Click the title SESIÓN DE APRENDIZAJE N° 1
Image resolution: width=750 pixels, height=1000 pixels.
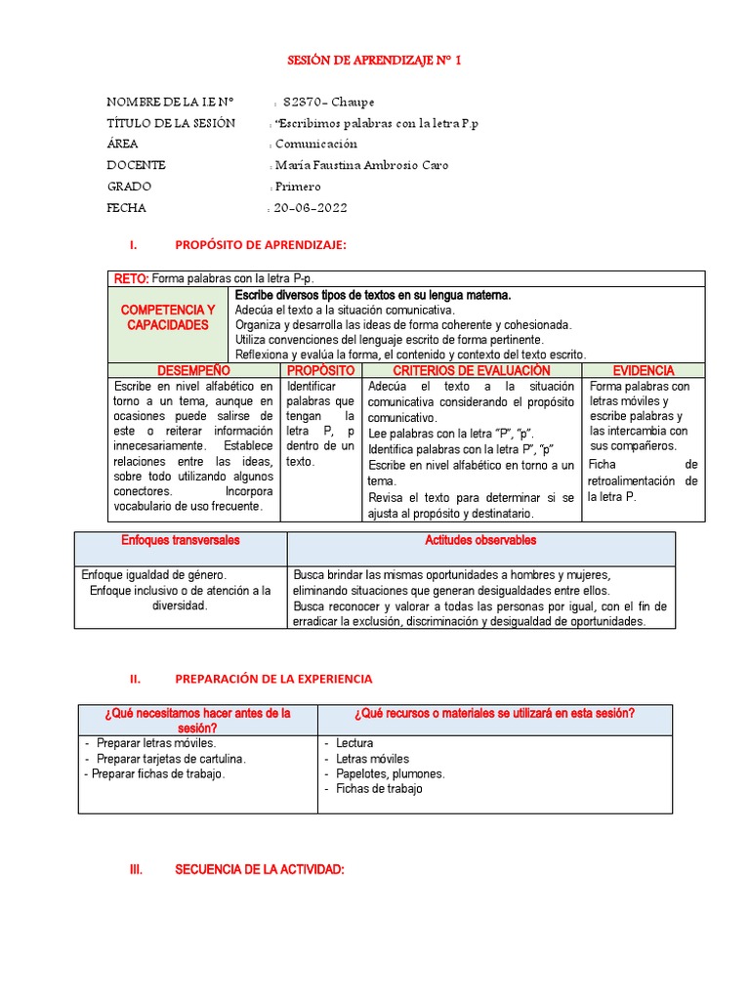click(374, 61)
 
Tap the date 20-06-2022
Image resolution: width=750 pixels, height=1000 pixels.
click(310, 208)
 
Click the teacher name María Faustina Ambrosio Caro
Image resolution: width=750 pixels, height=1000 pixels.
click(361, 165)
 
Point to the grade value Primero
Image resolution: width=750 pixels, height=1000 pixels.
click(298, 187)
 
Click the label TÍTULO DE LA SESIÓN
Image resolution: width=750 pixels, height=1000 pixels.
click(171, 123)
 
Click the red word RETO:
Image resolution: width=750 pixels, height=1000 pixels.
click(131, 278)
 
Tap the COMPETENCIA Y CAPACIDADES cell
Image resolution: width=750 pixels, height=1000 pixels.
click(167, 317)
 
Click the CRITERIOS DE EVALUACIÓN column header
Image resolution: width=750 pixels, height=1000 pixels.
click(471, 371)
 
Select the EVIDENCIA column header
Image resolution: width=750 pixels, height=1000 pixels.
click(643, 371)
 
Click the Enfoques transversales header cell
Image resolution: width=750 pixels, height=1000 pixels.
click(180, 540)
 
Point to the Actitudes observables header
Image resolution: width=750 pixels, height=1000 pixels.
click(480, 540)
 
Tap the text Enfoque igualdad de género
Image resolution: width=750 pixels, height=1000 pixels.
click(153, 575)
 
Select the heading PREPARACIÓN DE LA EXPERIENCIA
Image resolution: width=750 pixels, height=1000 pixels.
click(273, 679)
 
